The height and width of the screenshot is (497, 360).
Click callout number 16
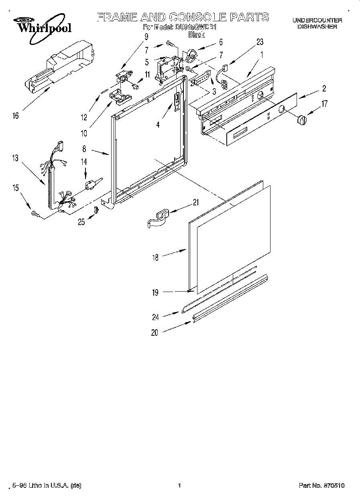click(x=15, y=116)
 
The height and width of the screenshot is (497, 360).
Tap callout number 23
click(x=260, y=42)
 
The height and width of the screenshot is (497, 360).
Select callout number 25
click(x=81, y=221)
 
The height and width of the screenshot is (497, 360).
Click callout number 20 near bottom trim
click(x=155, y=332)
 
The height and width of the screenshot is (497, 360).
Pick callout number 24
click(x=155, y=317)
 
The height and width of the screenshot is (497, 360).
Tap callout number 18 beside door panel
click(x=155, y=258)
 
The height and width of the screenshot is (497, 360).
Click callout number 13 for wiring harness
click(x=15, y=158)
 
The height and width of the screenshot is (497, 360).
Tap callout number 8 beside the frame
click(x=84, y=148)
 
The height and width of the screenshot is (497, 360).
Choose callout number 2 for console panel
click(x=323, y=89)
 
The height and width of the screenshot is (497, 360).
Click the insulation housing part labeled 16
click(x=60, y=66)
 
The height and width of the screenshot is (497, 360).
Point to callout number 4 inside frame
click(x=158, y=125)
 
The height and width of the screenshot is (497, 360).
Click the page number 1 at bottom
click(x=179, y=486)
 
